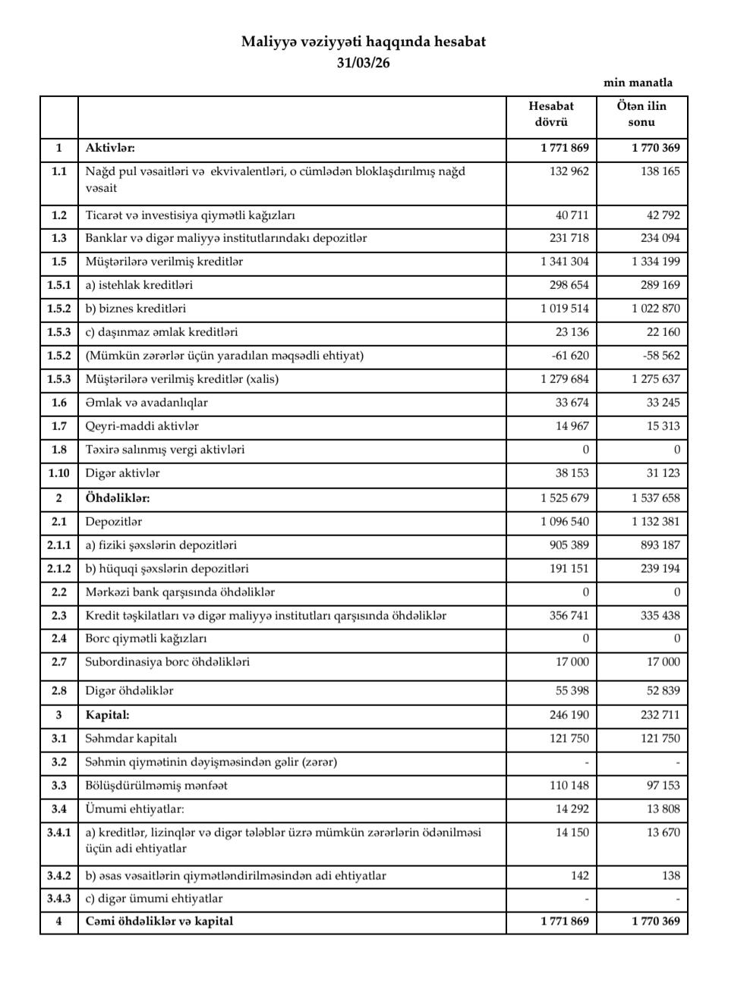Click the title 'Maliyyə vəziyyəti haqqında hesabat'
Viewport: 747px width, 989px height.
[x=363, y=42]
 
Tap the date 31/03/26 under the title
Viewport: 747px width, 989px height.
[x=363, y=63]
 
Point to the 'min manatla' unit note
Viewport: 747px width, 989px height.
[x=638, y=83]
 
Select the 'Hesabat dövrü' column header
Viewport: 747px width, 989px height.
[x=551, y=114]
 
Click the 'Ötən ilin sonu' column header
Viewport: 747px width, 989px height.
[x=641, y=114]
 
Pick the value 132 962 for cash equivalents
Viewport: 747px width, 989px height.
[x=569, y=171]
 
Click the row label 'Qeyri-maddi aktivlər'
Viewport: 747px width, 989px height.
[x=142, y=426]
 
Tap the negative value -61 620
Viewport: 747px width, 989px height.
[x=569, y=356]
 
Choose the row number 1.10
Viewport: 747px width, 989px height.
[x=59, y=473]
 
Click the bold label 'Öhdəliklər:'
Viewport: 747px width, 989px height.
[x=118, y=498]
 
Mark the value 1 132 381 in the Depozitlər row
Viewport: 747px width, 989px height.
[x=655, y=522]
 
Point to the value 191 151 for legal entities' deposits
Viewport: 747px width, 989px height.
[x=569, y=569]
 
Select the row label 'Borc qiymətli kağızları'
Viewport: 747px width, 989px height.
[x=146, y=639]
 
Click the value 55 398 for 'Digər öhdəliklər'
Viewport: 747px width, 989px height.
[x=572, y=691]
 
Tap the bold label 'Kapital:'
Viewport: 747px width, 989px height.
[x=107, y=714]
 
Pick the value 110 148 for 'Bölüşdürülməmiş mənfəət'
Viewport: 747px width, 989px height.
[x=569, y=786]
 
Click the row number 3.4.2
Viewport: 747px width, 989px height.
[x=59, y=876]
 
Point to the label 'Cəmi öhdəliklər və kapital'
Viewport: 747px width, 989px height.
[x=159, y=921]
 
